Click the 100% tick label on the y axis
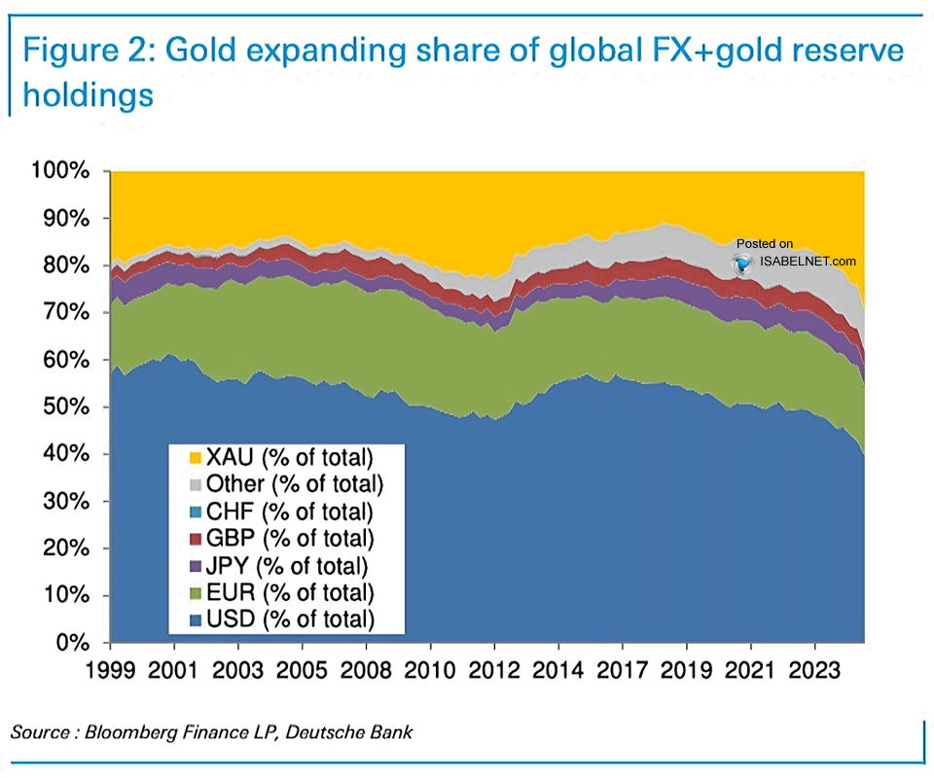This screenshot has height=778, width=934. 60,171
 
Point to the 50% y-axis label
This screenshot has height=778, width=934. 66,407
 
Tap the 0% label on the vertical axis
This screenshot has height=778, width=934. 73,643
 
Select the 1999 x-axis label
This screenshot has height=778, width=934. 110,670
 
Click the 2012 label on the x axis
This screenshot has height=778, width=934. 494,670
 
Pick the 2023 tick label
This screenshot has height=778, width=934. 814,670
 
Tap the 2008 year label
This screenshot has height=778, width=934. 366,670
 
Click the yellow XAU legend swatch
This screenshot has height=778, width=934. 196,458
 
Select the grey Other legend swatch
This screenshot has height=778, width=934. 196,485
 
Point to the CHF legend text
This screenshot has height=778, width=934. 290,512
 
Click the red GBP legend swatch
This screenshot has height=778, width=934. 196,540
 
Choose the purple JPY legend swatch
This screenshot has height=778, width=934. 196,566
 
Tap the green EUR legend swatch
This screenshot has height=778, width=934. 196,593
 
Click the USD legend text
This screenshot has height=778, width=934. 291,619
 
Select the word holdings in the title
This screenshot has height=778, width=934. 89,95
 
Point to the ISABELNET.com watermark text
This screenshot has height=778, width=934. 808,262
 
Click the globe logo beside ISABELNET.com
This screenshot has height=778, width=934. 743,264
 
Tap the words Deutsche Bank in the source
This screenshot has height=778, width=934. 349,732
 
